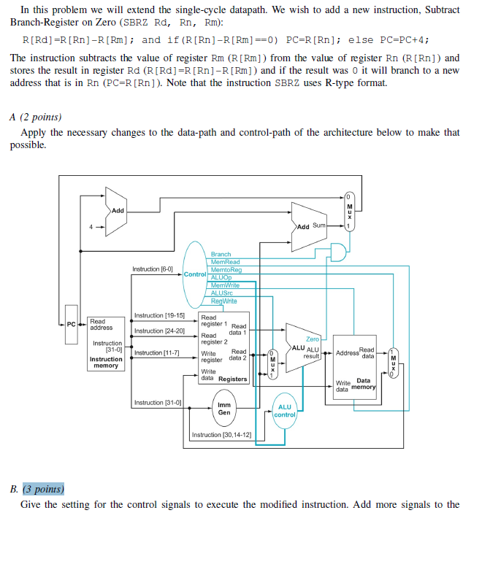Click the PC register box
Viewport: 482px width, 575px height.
(71, 323)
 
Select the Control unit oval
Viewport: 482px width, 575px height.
(195, 274)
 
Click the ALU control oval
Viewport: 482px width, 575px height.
(285, 411)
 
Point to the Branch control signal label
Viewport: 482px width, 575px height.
(221, 255)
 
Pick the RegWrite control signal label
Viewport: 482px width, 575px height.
(223, 301)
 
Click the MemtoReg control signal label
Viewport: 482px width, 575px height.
(226, 270)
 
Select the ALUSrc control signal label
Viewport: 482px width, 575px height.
(222, 293)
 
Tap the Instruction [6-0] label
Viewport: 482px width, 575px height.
(153, 269)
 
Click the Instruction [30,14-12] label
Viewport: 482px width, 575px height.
(221, 435)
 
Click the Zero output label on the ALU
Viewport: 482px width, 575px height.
(312, 339)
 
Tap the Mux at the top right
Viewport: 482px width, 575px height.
(349, 212)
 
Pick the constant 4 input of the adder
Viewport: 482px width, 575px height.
(91, 225)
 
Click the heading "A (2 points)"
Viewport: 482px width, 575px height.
(36, 117)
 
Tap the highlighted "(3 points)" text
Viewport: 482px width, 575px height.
(44, 489)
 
